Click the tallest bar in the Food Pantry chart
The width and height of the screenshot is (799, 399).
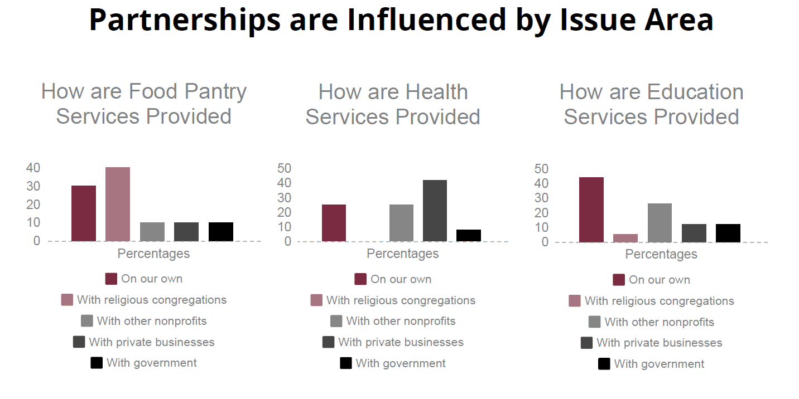pos(118,204)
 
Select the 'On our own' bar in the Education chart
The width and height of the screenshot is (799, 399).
pos(591,210)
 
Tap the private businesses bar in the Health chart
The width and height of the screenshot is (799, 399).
pos(435,211)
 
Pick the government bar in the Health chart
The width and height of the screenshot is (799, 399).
pos(469,235)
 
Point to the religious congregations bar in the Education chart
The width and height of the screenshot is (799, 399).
pos(625,238)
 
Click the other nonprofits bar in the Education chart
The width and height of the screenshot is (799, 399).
pos(660,223)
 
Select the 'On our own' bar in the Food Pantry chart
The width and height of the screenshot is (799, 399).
pos(84,213)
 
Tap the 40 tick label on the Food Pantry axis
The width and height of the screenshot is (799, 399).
pos(33,168)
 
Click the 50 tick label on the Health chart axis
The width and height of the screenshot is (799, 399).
pos(285,168)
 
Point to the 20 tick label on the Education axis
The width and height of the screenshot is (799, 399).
pos(541,213)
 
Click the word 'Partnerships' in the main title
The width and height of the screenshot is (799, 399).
pos(185,20)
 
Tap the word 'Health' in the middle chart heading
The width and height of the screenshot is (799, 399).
pos(437,92)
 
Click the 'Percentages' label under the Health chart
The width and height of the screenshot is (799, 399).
pos(403,254)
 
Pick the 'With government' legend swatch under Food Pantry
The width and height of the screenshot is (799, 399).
pos(97,363)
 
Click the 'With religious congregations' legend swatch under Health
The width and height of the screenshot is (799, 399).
pos(316,300)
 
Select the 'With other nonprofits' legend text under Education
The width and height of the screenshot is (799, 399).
pos(659,322)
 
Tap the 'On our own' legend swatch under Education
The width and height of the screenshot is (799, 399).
pos(618,280)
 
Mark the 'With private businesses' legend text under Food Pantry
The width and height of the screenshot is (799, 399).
pos(151,342)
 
